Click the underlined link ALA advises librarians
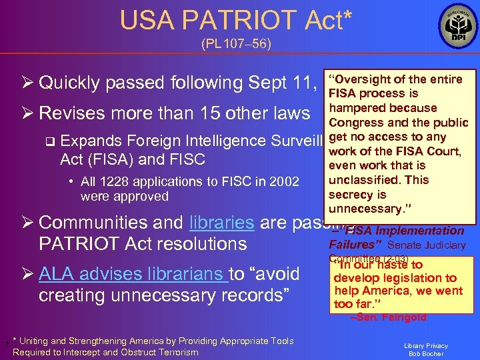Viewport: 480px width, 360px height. pyautogui.click(x=132, y=273)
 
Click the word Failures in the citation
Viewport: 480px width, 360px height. pyautogui.click(x=357, y=245)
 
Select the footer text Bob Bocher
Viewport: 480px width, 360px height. pyautogui.click(x=425, y=353)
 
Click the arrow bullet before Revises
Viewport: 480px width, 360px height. pyautogui.click(x=27, y=113)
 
